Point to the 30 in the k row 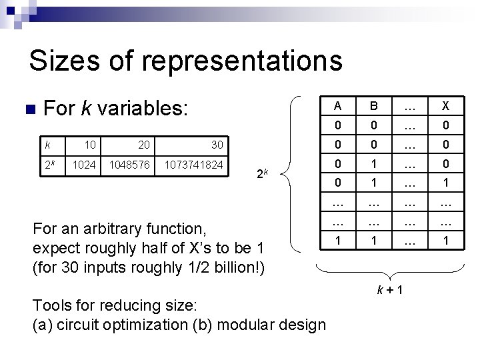[217, 145]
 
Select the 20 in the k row [143, 145]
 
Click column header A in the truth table [338, 106]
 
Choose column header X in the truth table [445, 106]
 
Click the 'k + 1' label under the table [390, 291]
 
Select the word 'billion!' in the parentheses [237, 267]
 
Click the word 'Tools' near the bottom [51, 306]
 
